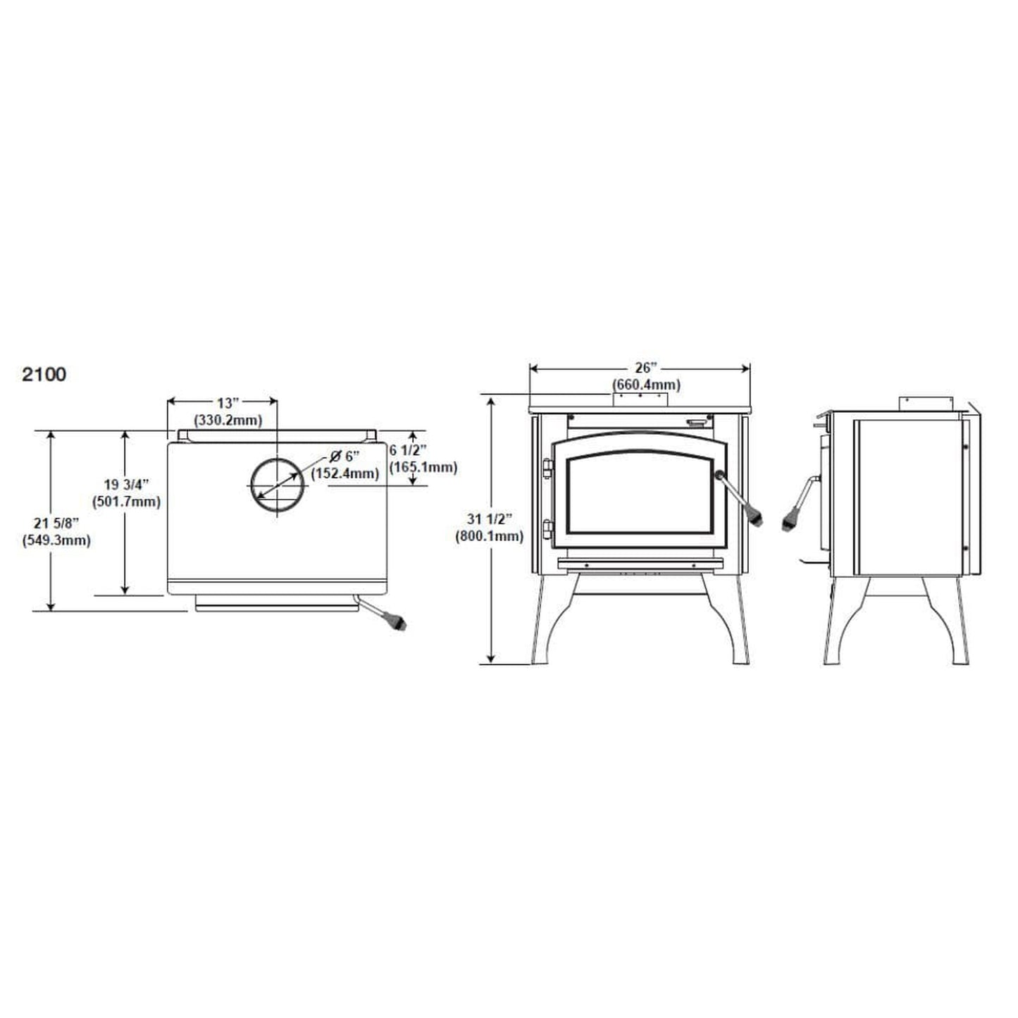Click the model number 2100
(44, 374)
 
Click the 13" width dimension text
(228, 404)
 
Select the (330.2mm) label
(228, 421)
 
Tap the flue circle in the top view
(280, 485)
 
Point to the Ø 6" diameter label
(344, 456)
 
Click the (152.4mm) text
(345, 473)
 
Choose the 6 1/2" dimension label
(408, 451)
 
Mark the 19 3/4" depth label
(126, 485)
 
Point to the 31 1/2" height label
(489, 519)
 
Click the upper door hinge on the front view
(546, 469)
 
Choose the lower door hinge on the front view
(546, 527)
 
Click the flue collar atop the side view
(924, 403)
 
